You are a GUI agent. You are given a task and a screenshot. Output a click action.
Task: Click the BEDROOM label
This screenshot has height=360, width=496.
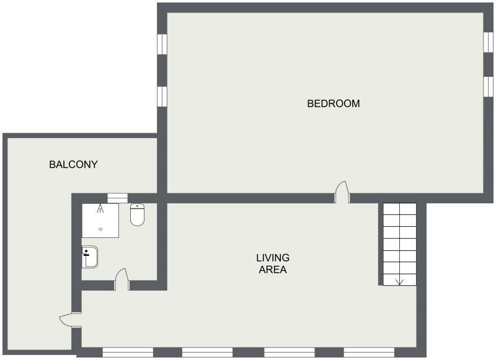point(334,103)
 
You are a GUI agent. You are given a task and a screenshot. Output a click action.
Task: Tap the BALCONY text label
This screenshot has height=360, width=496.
point(74,164)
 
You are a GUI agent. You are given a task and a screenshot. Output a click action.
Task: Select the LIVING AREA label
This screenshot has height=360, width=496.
point(273,263)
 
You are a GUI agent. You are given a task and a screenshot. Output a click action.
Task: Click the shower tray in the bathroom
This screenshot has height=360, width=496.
point(100,221)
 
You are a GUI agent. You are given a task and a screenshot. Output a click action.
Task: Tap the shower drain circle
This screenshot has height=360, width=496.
point(100,229)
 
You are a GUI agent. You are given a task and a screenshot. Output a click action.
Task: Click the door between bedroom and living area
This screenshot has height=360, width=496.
point(341,192)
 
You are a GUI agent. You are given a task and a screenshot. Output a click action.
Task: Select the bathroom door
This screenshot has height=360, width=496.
point(121,279)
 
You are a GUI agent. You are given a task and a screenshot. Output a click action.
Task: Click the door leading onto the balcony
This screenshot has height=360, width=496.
point(70,320)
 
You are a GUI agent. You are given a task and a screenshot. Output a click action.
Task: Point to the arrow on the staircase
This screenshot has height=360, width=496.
point(399,280)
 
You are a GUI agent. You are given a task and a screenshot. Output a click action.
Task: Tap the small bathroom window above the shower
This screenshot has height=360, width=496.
point(117,198)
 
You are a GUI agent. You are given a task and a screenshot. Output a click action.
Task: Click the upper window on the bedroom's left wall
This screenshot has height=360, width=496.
point(162,44)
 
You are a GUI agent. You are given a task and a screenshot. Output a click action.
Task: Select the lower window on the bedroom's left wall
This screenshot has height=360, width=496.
point(162,96)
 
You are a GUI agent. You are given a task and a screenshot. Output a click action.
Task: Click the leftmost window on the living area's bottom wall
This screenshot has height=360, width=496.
point(128,352)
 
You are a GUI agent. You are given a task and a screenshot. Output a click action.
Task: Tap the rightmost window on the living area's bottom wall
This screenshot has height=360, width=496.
point(369,352)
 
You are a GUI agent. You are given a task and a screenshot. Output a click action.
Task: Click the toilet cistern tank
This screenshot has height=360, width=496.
point(137,207)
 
